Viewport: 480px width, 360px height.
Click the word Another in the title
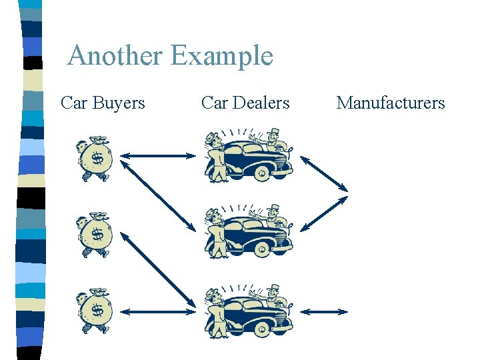tap(114, 55)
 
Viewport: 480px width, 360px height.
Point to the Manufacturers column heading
tap(390, 103)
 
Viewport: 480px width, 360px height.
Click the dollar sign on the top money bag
tap(97, 159)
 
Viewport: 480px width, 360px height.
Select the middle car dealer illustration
tap(249, 231)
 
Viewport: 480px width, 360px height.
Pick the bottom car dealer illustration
tap(249, 307)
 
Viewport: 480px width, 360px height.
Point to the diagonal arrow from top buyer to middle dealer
tap(158, 195)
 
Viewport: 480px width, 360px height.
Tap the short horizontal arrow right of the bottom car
tap(325, 311)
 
